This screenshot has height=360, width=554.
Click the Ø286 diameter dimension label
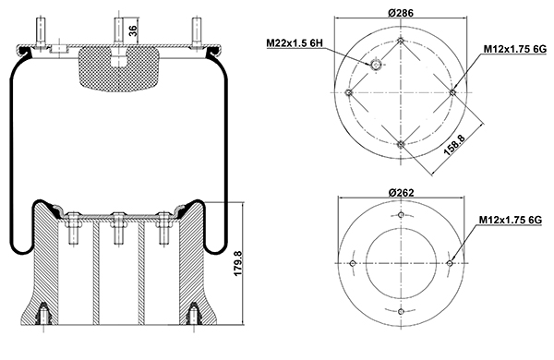[x=401, y=13]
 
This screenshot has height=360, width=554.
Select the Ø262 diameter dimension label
[x=401, y=193]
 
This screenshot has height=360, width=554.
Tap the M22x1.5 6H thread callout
[x=295, y=43]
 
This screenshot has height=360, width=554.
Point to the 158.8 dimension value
[x=454, y=145]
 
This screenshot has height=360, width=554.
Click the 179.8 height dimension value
[x=238, y=264]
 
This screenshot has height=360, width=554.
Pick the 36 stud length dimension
[x=132, y=31]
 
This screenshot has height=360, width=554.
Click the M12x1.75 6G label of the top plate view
[x=515, y=49]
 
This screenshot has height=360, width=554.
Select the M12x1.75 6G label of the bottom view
[x=511, y=220]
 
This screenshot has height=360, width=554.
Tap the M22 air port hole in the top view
[x=376, y=65]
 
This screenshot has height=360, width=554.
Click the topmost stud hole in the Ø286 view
[x=401, y=41]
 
